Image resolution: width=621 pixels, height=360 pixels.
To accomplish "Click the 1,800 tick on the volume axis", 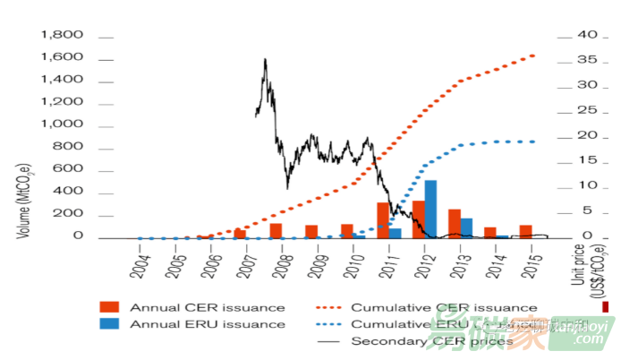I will point(62,36).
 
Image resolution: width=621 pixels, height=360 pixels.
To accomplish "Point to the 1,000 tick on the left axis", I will point(62,124).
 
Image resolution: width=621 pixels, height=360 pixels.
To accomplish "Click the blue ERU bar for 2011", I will point(395,233).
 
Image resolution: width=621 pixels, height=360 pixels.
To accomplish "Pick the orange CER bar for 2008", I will point(276,230).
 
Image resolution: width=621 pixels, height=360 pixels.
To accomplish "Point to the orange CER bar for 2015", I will point(526,231).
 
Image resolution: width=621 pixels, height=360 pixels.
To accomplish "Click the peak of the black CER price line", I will point(265,60).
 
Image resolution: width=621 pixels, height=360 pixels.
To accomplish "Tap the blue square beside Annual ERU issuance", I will point(109,324).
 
